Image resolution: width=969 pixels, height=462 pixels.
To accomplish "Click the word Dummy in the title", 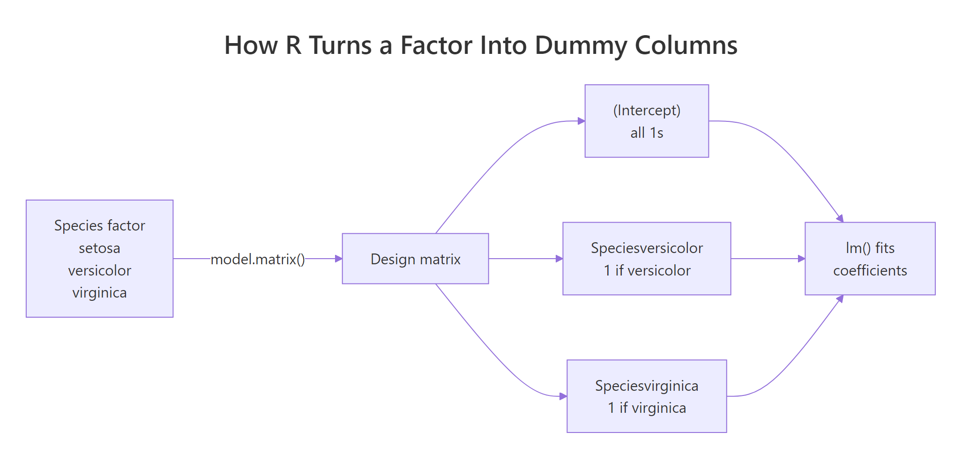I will click(x=581, y=46).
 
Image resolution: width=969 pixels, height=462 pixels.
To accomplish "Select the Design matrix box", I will click(x=415, y=259).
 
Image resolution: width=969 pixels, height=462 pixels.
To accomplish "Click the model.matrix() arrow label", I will click(x=258, y=259).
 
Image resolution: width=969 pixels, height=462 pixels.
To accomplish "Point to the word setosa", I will click(x=99, y=248).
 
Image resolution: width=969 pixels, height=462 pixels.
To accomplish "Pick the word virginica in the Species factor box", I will click(x=99, y=293).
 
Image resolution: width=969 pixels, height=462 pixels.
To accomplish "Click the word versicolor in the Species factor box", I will click(x=99, y=270).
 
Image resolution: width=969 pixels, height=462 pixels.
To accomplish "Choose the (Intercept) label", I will click(x=647, y=111).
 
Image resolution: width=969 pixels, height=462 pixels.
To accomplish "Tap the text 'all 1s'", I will click(x=647, y=133).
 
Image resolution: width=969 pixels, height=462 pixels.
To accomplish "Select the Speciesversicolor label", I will click(x=647, y=248).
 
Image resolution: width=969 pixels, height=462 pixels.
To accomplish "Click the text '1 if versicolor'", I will click(x=647, y=270).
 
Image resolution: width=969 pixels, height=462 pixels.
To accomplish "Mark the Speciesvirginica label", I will click(x=647, y=386).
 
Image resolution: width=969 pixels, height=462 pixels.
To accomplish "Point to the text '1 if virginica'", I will click(x=647, y=408).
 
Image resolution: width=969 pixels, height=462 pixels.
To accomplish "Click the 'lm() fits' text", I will click(x=870, y=248).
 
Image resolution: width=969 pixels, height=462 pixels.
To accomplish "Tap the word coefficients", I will click(x=870, y=270).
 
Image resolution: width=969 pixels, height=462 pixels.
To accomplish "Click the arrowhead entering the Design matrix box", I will click(x=339, y=259).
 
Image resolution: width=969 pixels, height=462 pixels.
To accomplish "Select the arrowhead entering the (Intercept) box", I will click(x=581, y=121).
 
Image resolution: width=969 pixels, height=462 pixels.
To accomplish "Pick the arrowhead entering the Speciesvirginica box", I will click(x=563, y=396).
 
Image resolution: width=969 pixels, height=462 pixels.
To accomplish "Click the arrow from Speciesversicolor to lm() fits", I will click(x=768, y=259).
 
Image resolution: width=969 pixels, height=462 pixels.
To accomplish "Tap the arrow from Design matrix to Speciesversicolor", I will click(x=525, y=259).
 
